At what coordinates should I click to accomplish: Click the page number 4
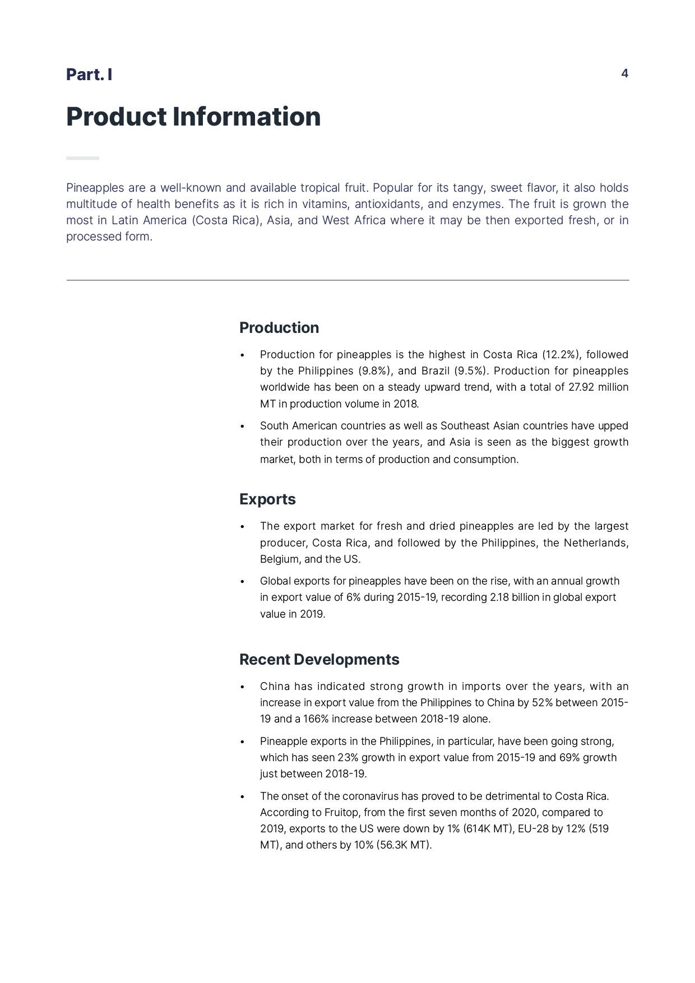point(624,73)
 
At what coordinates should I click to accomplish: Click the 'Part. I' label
point(89,75)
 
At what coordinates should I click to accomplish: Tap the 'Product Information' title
point(193,117)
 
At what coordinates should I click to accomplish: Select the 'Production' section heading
point(279,328)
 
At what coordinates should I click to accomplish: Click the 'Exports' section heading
point(267,499)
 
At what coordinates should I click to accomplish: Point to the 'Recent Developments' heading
point(319,660)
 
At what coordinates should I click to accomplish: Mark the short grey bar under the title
point(82,158)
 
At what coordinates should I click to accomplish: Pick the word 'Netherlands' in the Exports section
point(595,543)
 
